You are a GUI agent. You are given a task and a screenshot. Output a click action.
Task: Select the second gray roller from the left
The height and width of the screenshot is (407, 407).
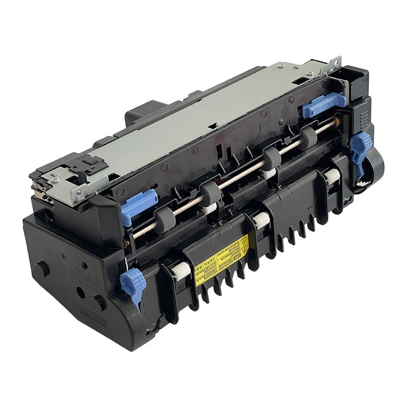209,192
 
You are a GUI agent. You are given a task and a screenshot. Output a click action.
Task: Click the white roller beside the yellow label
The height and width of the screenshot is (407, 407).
179,273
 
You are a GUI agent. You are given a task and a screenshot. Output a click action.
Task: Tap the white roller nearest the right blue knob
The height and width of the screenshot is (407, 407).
332,176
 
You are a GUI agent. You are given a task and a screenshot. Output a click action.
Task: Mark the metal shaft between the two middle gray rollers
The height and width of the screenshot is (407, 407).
239,176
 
